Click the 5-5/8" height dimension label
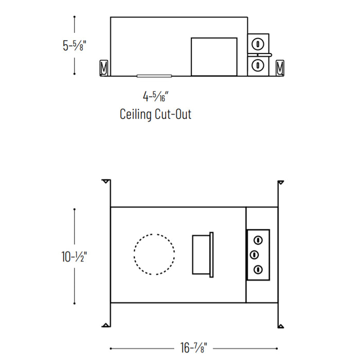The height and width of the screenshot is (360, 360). (75, 45)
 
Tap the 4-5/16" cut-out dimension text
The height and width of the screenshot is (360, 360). (156, 96)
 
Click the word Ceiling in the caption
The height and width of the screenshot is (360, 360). (136, 114)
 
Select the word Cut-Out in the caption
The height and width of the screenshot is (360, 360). (173, 114)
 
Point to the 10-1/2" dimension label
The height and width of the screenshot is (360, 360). (74, 257)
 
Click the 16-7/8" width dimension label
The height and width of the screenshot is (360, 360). (193, 347)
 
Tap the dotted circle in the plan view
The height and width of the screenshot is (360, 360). (154, 254)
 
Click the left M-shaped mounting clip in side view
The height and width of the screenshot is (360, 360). (103, 68)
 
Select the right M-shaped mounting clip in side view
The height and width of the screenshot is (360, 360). (280, 67)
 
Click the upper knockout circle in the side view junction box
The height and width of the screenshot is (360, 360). (258, 44)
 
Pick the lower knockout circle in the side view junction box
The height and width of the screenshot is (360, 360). (258, 65)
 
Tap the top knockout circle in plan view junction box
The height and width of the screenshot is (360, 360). (258, 240)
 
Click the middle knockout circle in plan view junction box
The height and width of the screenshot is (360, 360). (254, 255)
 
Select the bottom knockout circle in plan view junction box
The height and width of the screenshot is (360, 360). (258, 269)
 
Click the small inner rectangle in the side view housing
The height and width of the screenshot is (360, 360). (214, 57)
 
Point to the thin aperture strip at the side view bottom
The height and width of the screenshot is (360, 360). (154, 76)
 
